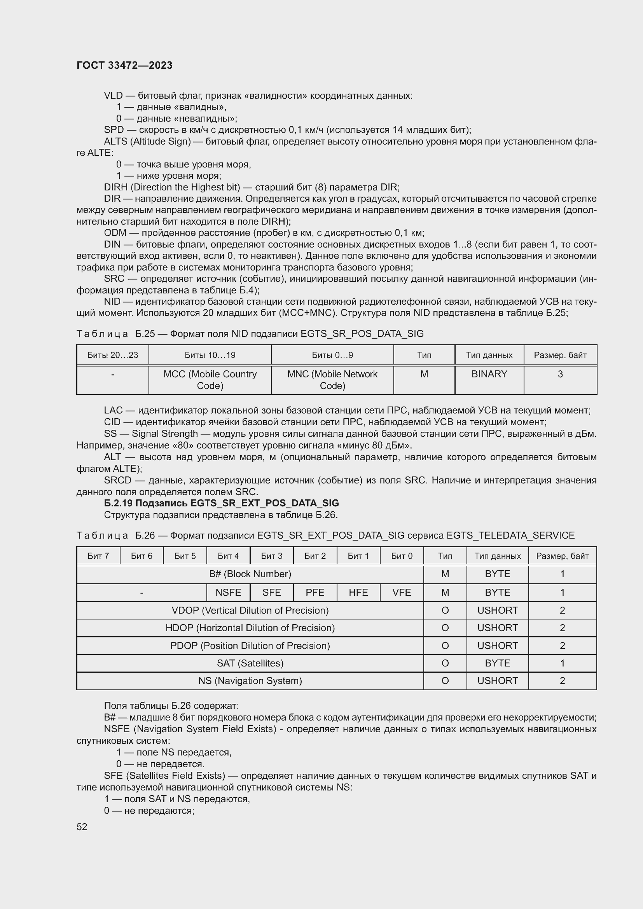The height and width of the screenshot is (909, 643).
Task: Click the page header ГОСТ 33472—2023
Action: (x=124, y=66)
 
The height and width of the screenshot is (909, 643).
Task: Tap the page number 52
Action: (x=82, y=827)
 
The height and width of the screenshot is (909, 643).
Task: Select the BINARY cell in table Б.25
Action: (x=489, y=374)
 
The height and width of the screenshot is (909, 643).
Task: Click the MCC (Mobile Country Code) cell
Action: (x=210, y=380)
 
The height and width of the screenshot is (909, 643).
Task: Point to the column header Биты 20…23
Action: (x=113, y=355)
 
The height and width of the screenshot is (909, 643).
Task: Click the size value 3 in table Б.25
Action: (x=560, y=374)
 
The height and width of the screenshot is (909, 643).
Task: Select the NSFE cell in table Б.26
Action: (x=228, y=592)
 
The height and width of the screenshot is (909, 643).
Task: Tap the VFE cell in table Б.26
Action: (x=402, y=592)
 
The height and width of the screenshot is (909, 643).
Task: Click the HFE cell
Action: (x=358, y=592)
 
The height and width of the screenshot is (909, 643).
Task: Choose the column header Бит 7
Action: (x=98, y=556)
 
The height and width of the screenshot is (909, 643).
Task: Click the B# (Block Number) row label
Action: (x=250, y=574)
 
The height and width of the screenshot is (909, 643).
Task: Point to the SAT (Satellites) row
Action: (x=250, y=663)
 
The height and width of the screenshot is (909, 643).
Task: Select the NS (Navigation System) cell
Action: (x=250, y=681)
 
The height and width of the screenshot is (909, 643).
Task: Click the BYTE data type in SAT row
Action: (x=497, y=663)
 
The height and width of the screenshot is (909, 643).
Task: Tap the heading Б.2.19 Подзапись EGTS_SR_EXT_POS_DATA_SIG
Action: (x=221, y=503)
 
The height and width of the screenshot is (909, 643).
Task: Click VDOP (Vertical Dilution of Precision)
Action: (x=250, y=610)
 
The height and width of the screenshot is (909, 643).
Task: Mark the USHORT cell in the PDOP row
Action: (x=497, y=646)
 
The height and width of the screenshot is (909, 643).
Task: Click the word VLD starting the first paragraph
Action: (x=113, y=96)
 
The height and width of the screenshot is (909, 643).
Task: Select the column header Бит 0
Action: (x=402, y=556)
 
